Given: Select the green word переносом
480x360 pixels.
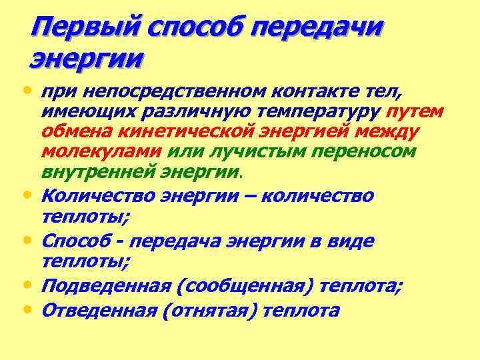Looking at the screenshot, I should (353, 153).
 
